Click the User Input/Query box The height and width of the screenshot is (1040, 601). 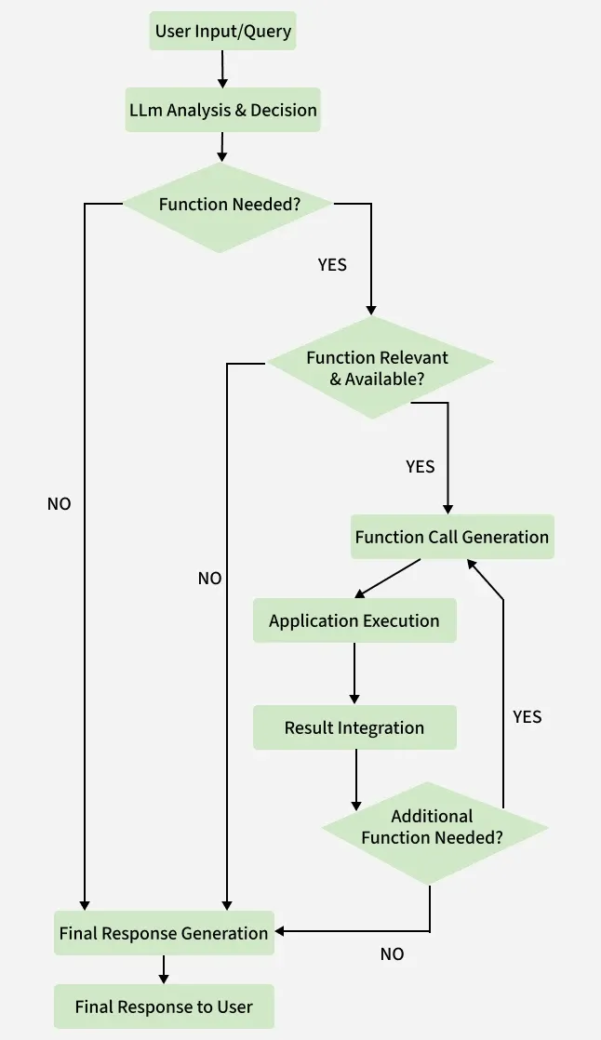click(x=222, y=32)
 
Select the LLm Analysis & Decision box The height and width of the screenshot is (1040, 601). click(x=222, y=110)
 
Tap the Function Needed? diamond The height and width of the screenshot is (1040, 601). click(x=229, y=205)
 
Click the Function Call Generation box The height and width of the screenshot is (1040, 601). click(x=452, y=537)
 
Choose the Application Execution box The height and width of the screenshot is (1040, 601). click(x=354, y=620)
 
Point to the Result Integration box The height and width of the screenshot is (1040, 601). click(x=354, y=727)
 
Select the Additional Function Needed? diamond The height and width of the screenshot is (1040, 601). click(x=433, y=827)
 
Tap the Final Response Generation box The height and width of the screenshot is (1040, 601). click(x=164, y=933)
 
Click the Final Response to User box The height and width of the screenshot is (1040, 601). click(x=164, y=1007)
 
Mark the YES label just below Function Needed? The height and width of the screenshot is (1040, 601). click(x=332, y=265)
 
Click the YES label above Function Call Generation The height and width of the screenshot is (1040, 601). click(x=421, y=466)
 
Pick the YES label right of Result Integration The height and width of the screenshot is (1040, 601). click(x=527, y=717)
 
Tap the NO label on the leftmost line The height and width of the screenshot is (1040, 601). click(x=59, y=504)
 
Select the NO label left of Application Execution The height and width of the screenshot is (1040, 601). click(x=209, y=579)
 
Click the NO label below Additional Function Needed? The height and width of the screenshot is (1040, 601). click(x=392, y=954)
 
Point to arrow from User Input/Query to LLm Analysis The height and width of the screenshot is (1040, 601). click(x=222, y=68)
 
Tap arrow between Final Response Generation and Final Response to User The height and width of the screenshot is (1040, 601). click(x=164, y=969)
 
